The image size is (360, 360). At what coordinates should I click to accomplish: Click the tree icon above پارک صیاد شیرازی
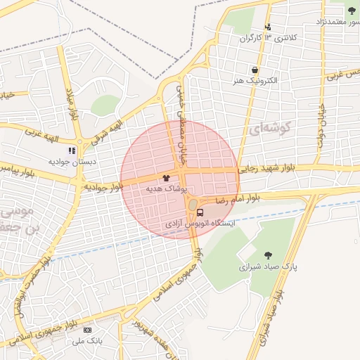(x=267, y=255)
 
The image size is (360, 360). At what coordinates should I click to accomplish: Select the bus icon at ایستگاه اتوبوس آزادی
(x=200, y=212)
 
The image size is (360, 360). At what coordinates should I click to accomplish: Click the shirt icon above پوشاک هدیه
(x=166, y=179)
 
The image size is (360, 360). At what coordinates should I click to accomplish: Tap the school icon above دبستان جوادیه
(x=71, y=150)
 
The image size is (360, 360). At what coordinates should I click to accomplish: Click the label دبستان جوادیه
(x=71, y=161)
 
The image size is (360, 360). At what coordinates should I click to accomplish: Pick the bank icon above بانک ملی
(x=87, y=330)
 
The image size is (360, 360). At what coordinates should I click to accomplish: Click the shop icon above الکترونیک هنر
(x=254, y=70)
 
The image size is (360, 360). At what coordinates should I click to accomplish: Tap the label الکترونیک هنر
(x=254, y=81)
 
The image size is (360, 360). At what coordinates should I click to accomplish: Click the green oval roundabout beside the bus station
(x=192, y=205)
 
